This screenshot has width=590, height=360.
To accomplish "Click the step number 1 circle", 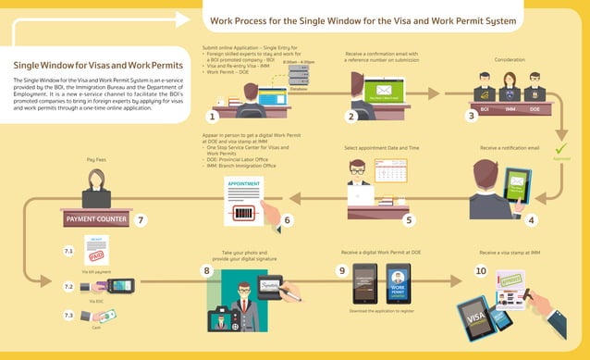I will click(213, 117).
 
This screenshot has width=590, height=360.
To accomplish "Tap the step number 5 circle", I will click(410, 219).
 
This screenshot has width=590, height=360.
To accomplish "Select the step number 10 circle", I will click(480, 271).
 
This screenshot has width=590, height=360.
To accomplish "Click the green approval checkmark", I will click(560, 148).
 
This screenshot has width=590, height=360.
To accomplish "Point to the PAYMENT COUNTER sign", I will click(97, 220).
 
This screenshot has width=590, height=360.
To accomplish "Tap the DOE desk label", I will click(535, 109).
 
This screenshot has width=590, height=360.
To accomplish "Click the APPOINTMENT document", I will click(245, 200).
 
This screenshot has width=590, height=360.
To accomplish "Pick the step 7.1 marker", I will click(68, 251).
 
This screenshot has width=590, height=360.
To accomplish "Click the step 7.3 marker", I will click(68, 316).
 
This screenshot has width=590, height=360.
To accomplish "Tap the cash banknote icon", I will click(106, 317).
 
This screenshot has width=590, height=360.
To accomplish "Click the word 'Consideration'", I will click(510, 58).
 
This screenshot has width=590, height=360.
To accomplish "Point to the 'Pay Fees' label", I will click(97, 160).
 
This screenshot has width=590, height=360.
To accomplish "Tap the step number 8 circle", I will click(207, 271).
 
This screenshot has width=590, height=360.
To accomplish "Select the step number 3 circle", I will click(472, 117).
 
